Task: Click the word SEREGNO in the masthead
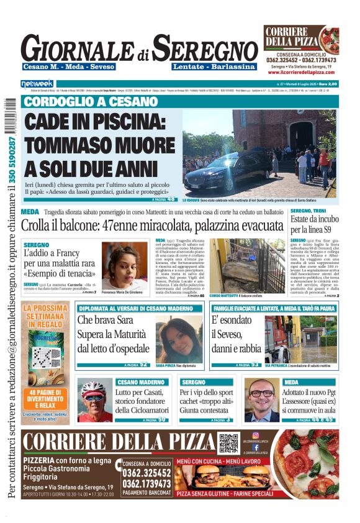pos(205,48)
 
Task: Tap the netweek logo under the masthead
pos(37,83)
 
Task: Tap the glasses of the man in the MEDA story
pos(261,393)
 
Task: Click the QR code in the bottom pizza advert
pos(228,442)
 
